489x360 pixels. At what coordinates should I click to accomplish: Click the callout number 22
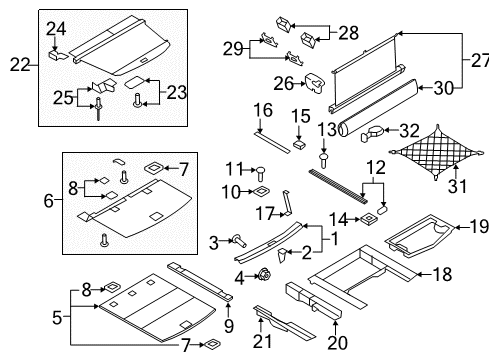click(x=20, y=64)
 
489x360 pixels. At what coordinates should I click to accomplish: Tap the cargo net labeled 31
click(x=436, y=152)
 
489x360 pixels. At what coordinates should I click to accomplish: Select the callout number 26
click(x=284, y=83)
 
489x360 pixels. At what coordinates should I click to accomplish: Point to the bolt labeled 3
click(x=240, y=241)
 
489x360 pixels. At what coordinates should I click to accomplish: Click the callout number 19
click(x=479, y=227)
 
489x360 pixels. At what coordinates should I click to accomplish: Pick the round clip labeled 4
click(x=264, y=275)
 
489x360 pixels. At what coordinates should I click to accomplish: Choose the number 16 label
click(x=263, y=110)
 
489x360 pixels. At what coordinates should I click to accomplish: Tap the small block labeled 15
click(x=299, y=145)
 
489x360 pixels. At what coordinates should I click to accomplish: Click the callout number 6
click(x=49, y=201)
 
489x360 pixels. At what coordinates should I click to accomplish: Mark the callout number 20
click(x=337, y=342)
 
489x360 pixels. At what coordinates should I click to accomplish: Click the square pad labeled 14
click(x=368, y=219)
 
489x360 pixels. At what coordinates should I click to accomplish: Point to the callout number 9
click(x=229, y=326)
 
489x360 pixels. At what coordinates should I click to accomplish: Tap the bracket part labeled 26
click(x=315, y=82)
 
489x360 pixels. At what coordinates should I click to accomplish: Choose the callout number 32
click(x=409, y=130)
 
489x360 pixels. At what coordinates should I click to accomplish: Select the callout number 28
click(x=349, y=32)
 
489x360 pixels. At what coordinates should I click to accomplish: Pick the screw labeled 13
click(x=323, y=160)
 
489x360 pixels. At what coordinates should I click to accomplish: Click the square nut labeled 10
click(x=261, y=191)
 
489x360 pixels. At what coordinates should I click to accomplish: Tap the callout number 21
click(x=262, y=341)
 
